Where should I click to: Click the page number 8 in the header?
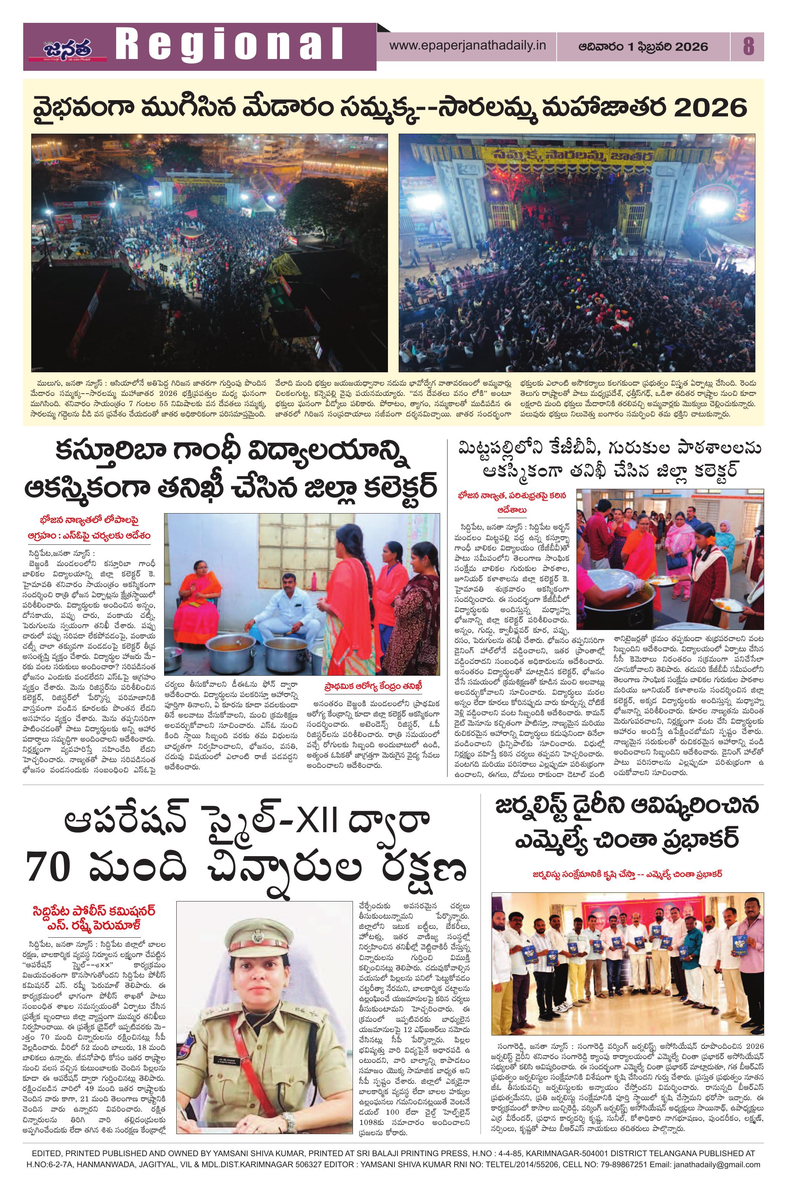(748, 47)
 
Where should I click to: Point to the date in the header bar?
(643, 47)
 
